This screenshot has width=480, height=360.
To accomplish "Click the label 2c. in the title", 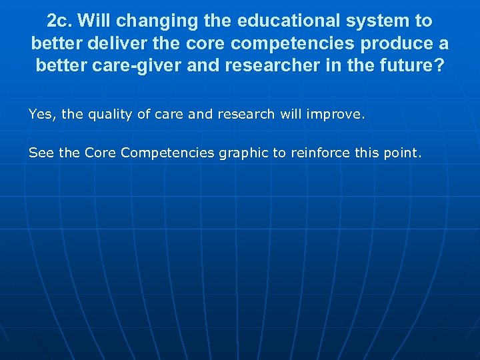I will click(x=61, y=21).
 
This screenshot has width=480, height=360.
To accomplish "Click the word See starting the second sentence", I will click(x=41, y=153).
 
